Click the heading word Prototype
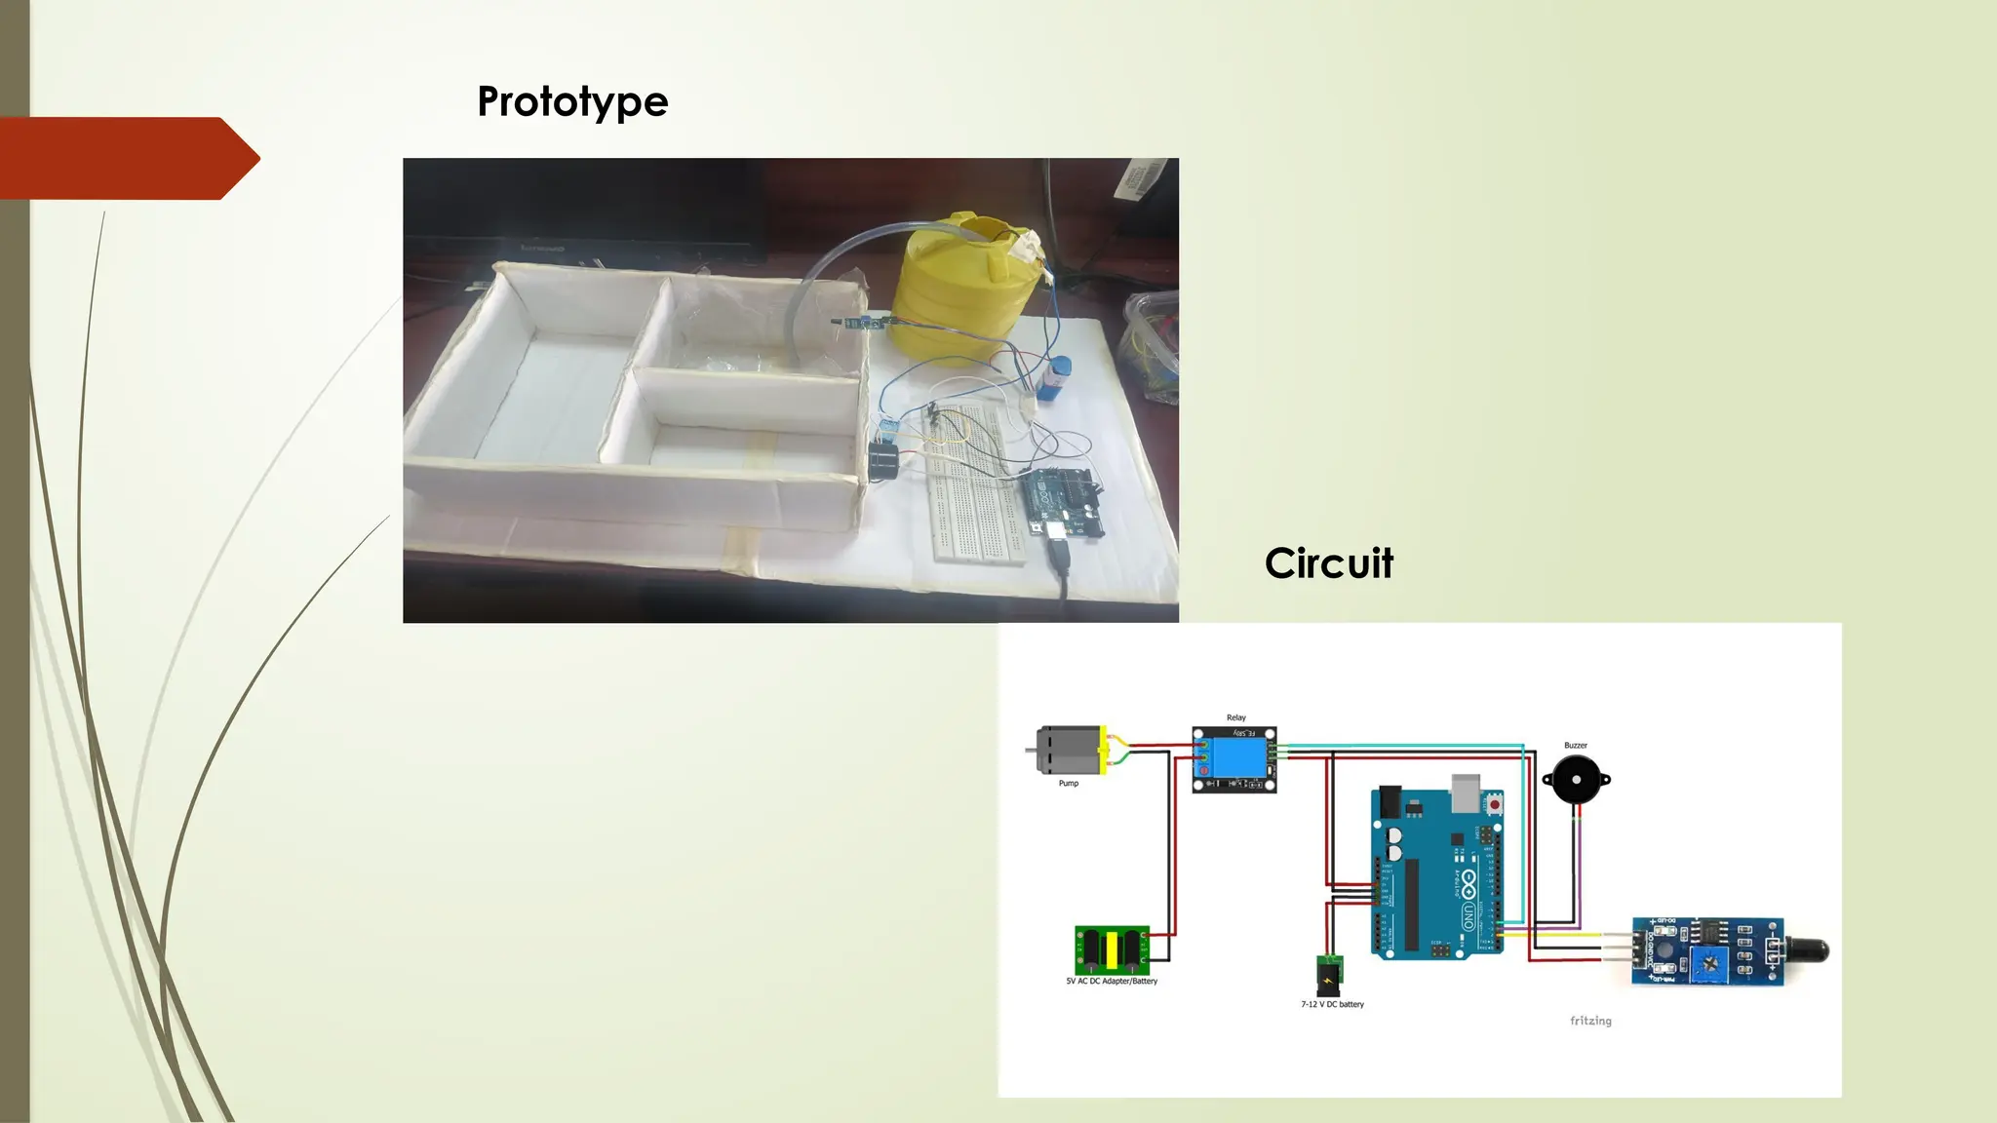[572, 102]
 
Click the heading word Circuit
[1328, 563]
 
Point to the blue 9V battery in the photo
[1058, 376]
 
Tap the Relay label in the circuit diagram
[1235, 717]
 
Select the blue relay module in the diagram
[1234, 759]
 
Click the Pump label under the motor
[1069, 784]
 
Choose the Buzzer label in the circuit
[1575, 746]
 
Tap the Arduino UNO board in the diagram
[1437, 872]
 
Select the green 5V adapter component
[1112, 949]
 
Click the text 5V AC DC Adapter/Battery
[1112, 982]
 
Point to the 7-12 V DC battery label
[1332, 1004]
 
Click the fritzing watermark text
[1590, 1021]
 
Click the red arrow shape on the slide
[127, 158]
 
